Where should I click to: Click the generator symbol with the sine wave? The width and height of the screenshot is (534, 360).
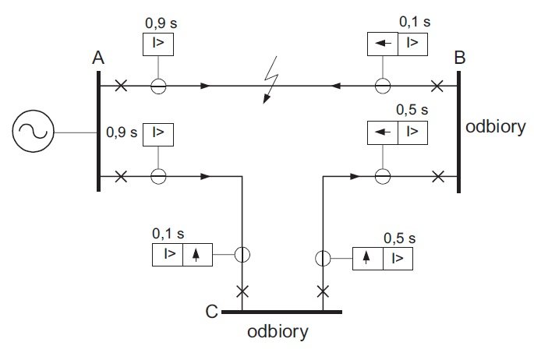33,132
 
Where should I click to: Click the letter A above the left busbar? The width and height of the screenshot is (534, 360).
98,58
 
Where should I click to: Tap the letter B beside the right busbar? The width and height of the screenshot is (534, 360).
459,57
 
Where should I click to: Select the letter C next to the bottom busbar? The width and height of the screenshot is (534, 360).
211,311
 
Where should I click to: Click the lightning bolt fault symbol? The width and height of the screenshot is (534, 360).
271,80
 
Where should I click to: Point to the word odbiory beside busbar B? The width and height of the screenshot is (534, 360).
496,127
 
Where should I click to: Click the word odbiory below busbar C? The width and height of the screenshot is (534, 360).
278,332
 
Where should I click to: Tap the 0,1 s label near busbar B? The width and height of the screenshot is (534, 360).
415,22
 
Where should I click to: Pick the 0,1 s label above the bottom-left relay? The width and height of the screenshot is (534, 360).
168,234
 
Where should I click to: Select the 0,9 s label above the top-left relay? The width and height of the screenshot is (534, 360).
161,23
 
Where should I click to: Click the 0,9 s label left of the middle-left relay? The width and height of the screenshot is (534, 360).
122,132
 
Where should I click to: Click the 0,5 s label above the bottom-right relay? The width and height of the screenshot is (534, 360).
399,238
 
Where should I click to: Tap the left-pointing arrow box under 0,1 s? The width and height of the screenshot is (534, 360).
383,44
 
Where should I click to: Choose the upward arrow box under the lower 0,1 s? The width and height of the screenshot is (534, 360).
197,255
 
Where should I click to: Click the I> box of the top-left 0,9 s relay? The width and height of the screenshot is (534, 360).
158,44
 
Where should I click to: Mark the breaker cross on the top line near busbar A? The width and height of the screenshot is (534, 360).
121,86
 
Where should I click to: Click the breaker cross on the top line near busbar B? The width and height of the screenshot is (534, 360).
437,86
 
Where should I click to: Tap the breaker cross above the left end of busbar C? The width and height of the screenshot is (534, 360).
242,291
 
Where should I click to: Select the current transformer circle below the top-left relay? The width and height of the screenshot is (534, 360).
158,86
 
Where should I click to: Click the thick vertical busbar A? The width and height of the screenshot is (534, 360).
98,131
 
